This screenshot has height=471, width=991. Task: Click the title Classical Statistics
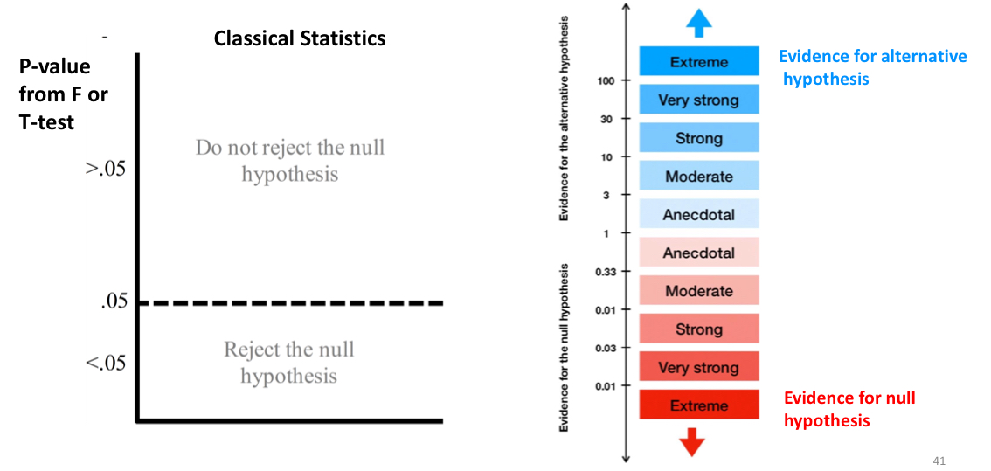click(299, 38)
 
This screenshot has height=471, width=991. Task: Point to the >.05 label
click(106, 168)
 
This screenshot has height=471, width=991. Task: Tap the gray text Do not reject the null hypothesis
click(289, 160)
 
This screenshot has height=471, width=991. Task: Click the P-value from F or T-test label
click(63, 94)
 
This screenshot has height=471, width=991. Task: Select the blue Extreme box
click(698, 62)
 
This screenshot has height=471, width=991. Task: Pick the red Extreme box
click(698, 405)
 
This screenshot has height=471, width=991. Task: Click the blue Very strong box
click(698, 100)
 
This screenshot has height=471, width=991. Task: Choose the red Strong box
click(698, 329)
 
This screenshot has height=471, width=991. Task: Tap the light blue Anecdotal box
click(698, 214)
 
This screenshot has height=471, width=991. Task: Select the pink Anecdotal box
click(698, 253)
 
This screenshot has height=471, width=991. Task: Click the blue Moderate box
click(698, 177)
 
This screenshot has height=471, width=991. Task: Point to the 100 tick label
click(606, 81)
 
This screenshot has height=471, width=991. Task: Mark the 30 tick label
click(606, 120)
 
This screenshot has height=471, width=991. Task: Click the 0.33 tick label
click(606, 272)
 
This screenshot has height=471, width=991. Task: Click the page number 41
click(939, 461)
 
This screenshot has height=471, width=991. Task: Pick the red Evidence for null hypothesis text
click(849, 409)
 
